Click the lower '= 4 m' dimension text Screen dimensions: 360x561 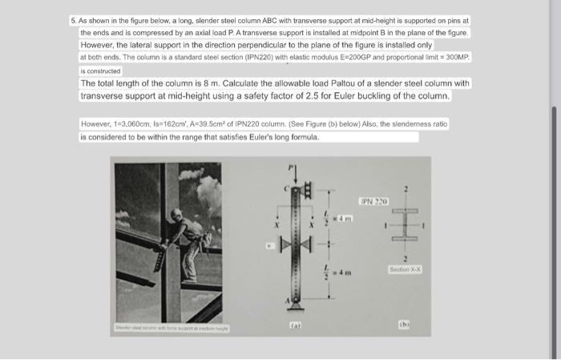344,273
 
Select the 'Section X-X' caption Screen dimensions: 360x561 405,269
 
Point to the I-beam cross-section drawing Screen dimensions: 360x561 406,227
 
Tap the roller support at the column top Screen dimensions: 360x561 307,190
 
